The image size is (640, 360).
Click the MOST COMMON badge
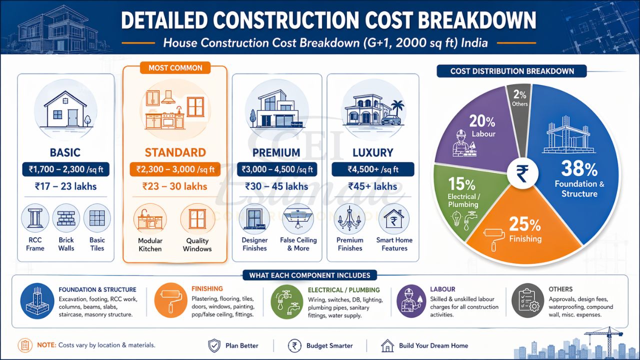point(175,68)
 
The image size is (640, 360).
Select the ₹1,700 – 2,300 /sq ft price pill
point(66,169)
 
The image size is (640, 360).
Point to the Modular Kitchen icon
point(150,219)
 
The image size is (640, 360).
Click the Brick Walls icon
point(66,218)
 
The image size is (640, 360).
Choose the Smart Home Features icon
point(394,219)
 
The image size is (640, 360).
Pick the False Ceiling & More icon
point(298,219)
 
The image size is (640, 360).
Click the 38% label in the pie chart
point(579,169)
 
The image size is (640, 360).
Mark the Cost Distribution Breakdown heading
point(512,71)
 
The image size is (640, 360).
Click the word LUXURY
point(373,152)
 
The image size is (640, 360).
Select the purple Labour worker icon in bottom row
point(411,301)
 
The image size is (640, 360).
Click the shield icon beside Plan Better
point(214,345)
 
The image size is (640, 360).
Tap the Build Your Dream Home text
point(433,345)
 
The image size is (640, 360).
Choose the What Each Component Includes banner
point(310,275)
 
